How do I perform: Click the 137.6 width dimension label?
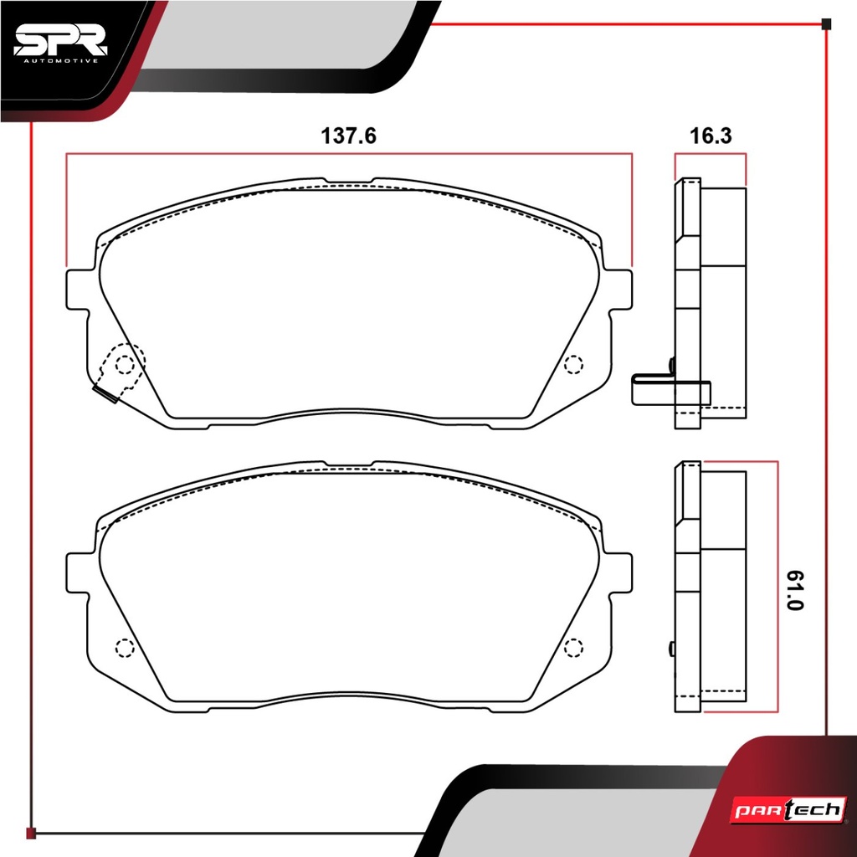(348, 136)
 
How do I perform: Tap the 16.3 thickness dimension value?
(711, 136)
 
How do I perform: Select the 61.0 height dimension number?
(795, 590)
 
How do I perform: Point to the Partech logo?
(788, 810)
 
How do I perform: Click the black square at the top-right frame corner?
(826, 24)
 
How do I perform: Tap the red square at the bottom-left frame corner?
(31, 833)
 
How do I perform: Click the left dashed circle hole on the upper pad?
(125, 364)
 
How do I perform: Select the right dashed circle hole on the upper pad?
(573, 364)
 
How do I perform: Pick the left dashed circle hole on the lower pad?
(125, 648)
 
